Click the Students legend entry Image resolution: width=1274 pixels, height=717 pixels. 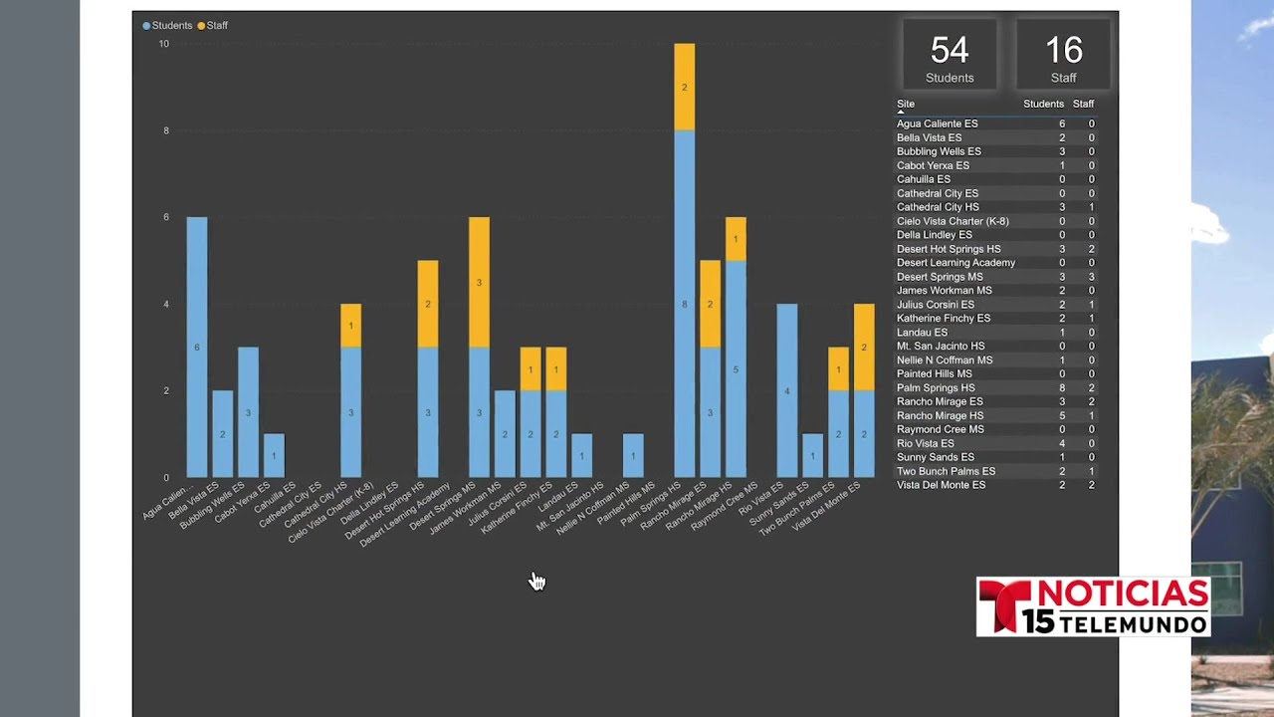(x=168, y=26)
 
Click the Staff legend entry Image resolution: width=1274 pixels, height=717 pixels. (x=213, y=26)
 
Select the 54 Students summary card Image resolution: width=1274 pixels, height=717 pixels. (x=950, y=55)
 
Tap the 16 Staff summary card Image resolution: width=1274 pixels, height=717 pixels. (x=1063, y=55)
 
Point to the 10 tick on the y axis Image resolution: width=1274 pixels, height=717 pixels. (x=164, y=44)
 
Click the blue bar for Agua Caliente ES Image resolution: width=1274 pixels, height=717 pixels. (x=197, y=348)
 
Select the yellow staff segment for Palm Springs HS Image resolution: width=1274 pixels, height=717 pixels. (x=684, y=87)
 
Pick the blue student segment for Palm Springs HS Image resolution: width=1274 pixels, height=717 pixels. (x=684, y=304)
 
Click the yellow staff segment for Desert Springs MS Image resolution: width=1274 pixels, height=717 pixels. (x=479, y=282)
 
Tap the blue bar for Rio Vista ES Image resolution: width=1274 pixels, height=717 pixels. (x=787, y=390)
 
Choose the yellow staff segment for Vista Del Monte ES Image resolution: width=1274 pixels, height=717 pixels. (x=864, y=348)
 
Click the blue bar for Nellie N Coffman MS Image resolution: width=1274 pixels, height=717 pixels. (x=633, y=455)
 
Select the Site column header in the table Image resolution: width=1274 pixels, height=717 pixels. (x=906, y=104)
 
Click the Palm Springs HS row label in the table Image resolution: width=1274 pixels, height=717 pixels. (x=936, y=387)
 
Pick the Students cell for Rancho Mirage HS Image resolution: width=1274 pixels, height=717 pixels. (x=1062, y=415)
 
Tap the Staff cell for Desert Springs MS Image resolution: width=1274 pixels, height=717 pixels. (x=1091, y=277)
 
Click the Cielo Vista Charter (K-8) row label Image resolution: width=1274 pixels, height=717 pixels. (x=953, y=221)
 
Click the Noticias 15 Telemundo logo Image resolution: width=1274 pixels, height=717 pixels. (x=1093, y=606)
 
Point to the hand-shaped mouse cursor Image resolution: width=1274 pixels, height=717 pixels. (x=536, y=581)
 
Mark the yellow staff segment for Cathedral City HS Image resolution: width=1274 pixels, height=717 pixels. (x=351, y=326)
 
